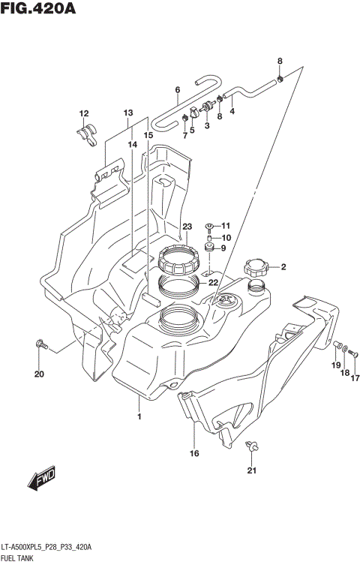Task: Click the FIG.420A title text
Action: click(39, 9)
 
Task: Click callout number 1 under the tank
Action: click(139, 416)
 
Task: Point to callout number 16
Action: click(193, 453)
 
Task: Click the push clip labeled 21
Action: click(252, 449)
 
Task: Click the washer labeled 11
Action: click(210, 225)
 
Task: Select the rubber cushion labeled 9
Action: click(210, 248)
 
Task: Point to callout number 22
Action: click(213, 282)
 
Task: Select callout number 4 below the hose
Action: click(232, 112)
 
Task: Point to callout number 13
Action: click(128, 113)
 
